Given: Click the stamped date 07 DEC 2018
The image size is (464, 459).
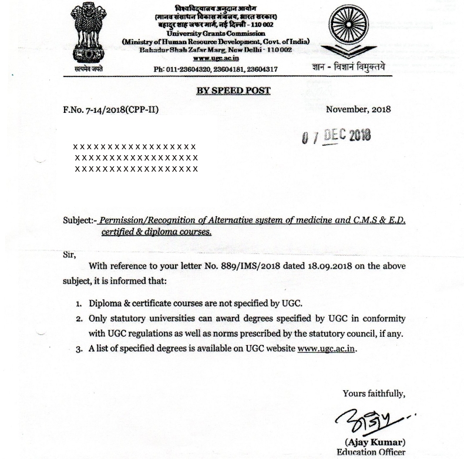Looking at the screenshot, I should (x=336, y=136).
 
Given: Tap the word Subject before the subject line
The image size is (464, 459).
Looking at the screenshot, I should (x=78, y=220).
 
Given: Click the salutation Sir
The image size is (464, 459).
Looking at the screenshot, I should (x=69, y=254).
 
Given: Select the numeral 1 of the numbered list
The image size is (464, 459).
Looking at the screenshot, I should (x=78, y=304).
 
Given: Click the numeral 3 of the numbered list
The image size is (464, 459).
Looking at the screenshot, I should (x=78, y=348).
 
